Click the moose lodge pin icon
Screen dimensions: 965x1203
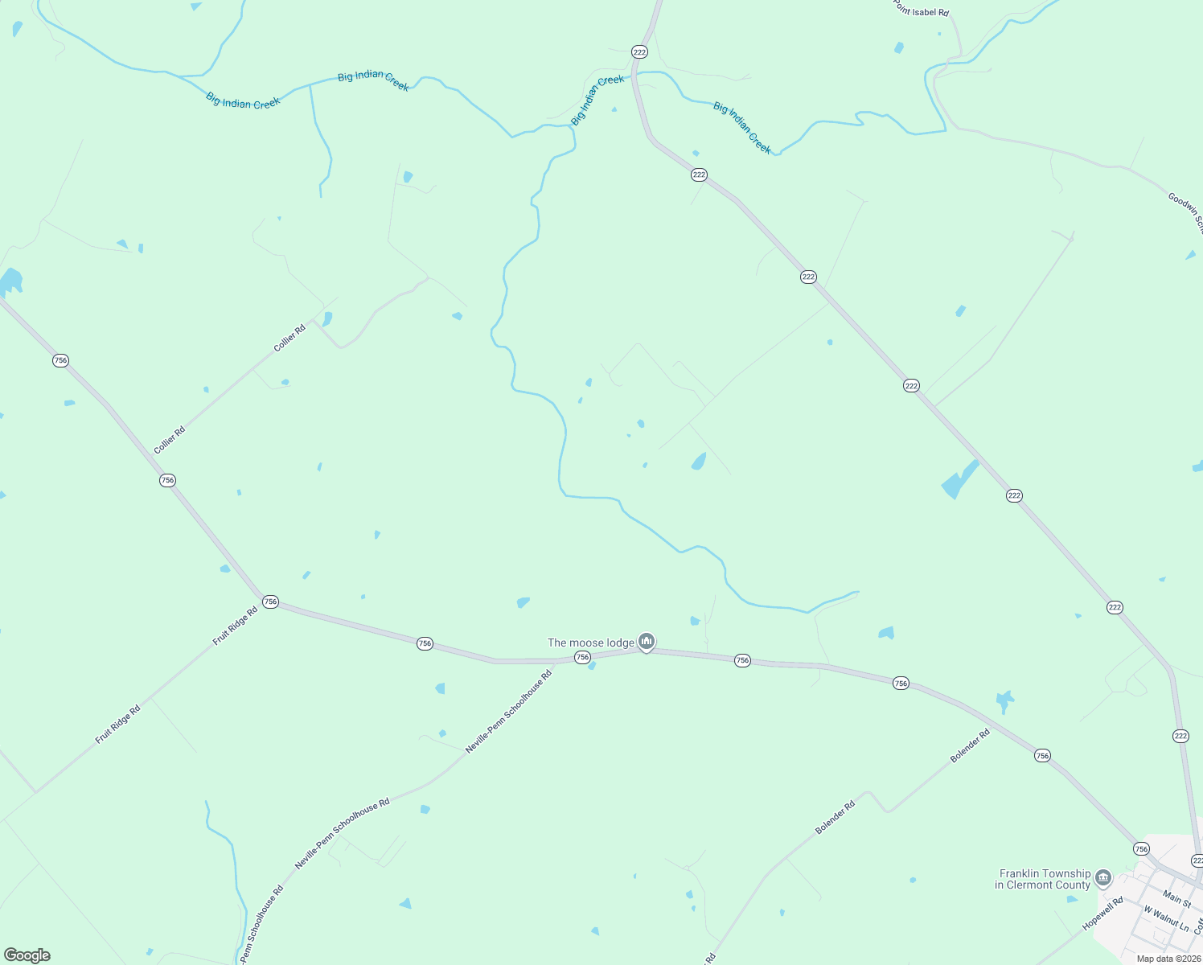coord(647,641)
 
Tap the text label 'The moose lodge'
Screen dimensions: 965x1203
coord(591,643)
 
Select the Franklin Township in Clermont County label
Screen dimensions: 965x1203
coord(1044,879)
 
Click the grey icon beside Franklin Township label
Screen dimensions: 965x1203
coord(1103,877)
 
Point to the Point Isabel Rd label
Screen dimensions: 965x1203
coord(922,9)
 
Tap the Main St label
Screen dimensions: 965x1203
coord(1176,897)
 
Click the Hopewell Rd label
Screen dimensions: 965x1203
coord(1102,914)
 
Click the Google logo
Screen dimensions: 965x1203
coord(27,955)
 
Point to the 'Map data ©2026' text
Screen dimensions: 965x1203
coord(1168,959)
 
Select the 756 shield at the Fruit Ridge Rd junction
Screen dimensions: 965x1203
coord(270,602)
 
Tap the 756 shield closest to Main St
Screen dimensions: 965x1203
coord(1141,849)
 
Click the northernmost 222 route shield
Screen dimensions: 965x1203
coord(639,52)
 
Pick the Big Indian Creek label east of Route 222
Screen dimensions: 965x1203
coord(742,128)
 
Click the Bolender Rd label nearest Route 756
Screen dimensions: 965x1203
coord(970,745)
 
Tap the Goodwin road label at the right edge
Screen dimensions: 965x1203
coord(1185,211)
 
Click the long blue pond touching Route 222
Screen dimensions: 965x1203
coord(959,479)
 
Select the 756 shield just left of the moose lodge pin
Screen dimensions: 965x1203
coord(582,658)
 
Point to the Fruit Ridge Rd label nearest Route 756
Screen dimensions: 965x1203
coord(235,626)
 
